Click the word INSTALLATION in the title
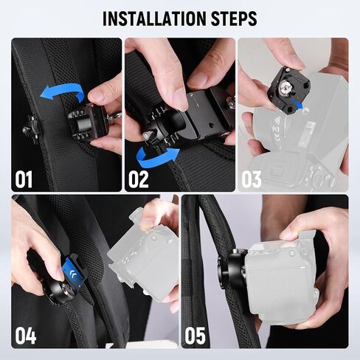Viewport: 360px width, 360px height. pos(154,18)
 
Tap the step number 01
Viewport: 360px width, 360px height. pos(24,179)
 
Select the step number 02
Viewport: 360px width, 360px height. pos(139,179)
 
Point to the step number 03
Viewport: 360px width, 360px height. pos(252,179)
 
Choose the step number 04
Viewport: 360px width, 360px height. pos(26,336)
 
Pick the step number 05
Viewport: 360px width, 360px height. pos(195,336)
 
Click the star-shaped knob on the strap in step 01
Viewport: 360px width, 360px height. pos(30,129)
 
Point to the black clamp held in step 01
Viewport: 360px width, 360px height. pos(87,122)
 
